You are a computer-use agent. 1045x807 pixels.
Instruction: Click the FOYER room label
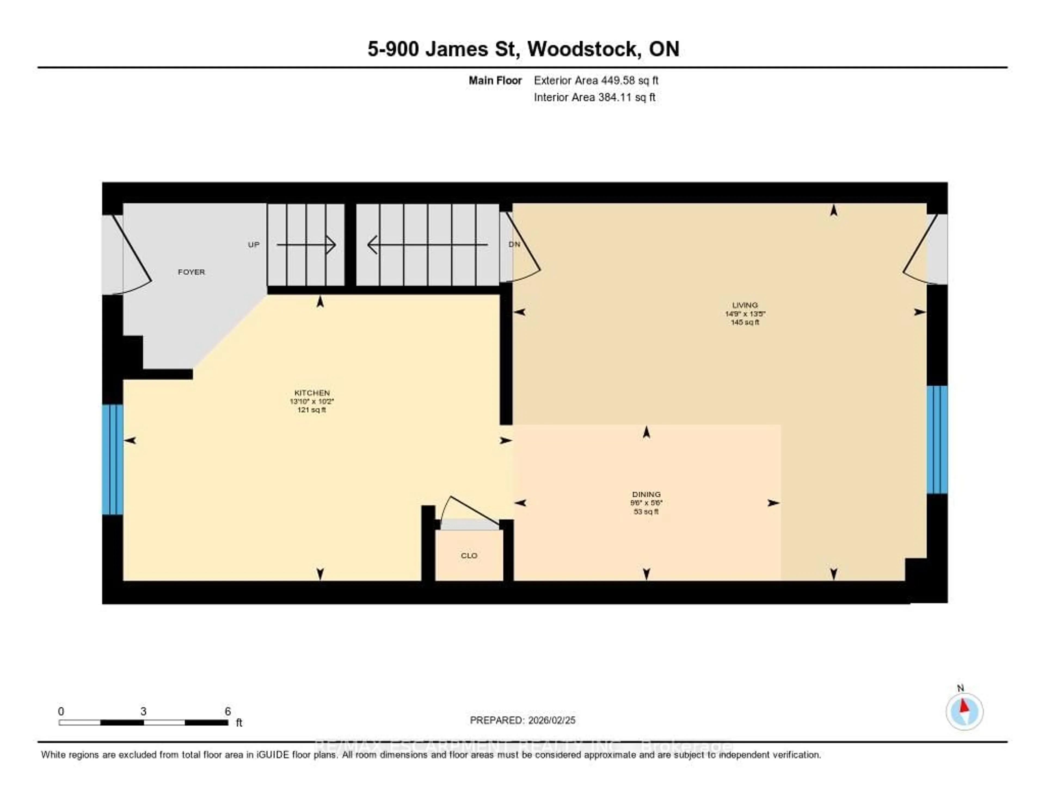click(191, 272)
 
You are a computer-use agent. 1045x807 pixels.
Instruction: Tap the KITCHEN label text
click(312, 393)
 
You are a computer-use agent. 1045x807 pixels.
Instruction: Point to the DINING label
click(646, 494)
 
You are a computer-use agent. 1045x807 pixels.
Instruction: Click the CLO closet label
click(469, 555)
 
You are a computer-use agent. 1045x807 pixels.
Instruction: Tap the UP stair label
click(254, 244)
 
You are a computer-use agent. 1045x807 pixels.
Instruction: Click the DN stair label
click(514, 244)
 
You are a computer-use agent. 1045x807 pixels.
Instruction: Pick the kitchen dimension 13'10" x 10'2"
click(312, 401)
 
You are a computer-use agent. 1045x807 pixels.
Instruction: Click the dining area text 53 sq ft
click(646, 511)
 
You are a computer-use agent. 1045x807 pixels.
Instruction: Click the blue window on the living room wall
click(937, 439)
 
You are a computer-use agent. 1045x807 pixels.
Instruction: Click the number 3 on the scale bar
click(143, 711)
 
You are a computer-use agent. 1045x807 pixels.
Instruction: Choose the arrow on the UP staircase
click(306, 244)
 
